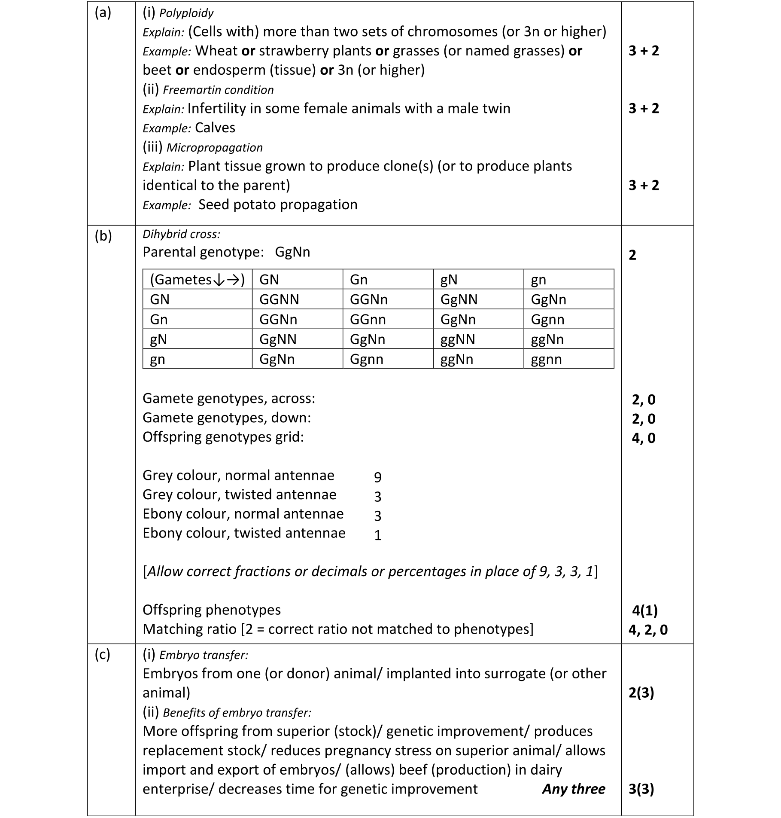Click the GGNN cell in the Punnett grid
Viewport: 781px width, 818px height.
279,299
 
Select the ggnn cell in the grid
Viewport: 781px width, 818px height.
546,359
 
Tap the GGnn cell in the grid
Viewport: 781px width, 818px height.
368,320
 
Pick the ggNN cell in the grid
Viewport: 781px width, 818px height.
458,339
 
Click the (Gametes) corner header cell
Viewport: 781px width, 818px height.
197,280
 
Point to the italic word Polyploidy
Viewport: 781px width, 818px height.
186,13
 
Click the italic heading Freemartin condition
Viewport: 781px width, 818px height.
218,90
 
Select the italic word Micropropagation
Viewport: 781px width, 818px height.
214,148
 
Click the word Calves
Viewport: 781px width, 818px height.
215,128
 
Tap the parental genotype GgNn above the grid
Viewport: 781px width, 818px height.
292,252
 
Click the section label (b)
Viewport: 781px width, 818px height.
103,236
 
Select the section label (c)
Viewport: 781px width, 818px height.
102,654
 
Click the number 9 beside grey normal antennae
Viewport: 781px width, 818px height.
378,477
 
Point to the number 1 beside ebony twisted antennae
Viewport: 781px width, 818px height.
378,535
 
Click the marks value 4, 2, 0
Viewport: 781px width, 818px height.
648,630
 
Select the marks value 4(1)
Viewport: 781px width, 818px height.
644,610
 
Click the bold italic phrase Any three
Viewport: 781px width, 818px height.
574,789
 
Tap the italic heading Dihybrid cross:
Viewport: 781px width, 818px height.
181,235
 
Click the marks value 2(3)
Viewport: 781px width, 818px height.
641,693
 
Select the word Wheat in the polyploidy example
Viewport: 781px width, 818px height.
216,51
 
